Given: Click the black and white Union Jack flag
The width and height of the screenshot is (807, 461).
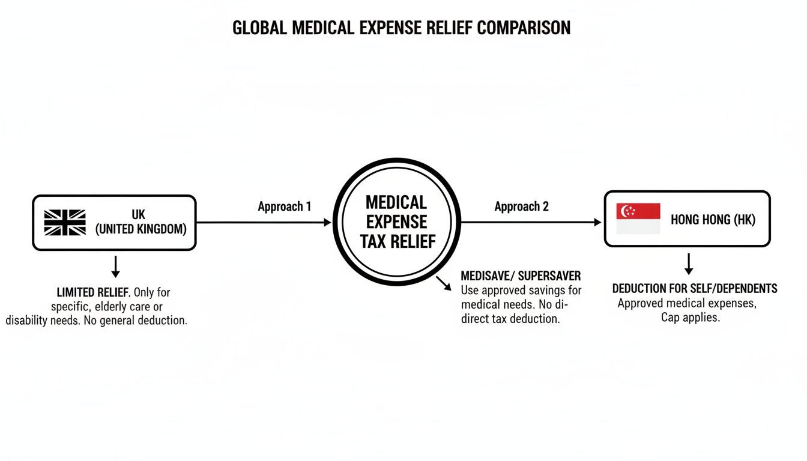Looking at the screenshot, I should coord(65,222).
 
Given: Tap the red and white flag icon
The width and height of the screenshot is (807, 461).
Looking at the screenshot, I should coord(638,218).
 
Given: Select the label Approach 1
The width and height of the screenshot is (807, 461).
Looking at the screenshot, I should coord(285,206).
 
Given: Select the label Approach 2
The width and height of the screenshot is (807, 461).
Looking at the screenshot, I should coord(521,206).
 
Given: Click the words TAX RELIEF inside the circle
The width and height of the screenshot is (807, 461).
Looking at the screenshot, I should coord(397,241).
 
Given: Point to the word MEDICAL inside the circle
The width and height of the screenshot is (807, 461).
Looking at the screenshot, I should coord(396,202).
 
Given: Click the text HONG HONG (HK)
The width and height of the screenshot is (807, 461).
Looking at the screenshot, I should coord(713,220).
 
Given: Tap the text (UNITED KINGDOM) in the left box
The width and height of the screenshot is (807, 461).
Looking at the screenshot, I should coord(141,229).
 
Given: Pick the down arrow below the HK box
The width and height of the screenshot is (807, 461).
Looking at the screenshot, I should coord(689,264).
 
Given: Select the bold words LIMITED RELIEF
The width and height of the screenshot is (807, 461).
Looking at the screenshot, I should coord(92,292).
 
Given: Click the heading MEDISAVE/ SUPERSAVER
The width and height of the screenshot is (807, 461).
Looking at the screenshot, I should coord(521,276).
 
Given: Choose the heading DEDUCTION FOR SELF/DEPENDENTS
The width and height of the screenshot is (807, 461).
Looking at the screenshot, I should coord(695,289).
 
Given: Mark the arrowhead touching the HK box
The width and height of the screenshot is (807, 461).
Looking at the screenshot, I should coord(597,222).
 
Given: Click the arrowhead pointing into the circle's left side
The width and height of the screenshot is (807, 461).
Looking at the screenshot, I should coord(327,222).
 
